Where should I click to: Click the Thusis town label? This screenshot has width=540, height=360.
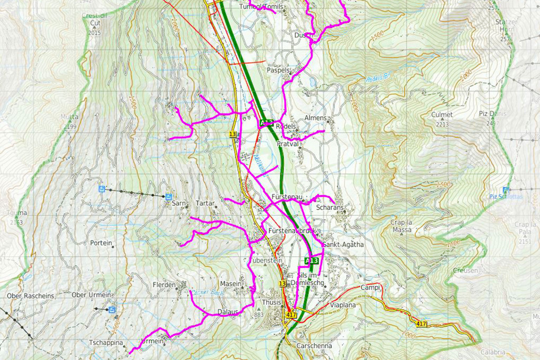(x=272, y=303)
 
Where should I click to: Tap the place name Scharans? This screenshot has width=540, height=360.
(x=330, y=208)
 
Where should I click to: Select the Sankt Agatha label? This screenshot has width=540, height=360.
(x=343, y=245)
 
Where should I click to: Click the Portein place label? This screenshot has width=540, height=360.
(x=101, y=243)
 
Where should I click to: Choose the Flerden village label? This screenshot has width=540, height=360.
(x=164, y=285)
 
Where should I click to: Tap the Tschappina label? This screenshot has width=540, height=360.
(x=106, y=343)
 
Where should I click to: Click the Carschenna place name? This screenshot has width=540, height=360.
(x=314, y=346)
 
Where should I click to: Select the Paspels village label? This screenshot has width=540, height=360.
(x=279, y=70)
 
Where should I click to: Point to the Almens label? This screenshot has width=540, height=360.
(x=316, y=118)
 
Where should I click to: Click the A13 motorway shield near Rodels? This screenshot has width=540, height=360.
(x=266, y=123)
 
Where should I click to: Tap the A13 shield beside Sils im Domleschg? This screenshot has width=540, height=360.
(x=312, y=261)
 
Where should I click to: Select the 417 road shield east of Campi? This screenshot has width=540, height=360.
(x=421, y=324)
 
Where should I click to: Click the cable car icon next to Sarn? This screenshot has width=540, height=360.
(x=168, y=197)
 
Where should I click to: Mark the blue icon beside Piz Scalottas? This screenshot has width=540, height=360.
(x=506, y=189)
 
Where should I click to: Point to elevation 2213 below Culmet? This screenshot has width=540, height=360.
(x=442, y=124)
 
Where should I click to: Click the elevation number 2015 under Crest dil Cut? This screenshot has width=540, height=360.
(x=94, y=33)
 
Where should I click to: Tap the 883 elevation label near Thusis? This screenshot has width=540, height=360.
(x=258, y=315)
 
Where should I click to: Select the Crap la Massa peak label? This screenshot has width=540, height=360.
(x=401, y=226)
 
